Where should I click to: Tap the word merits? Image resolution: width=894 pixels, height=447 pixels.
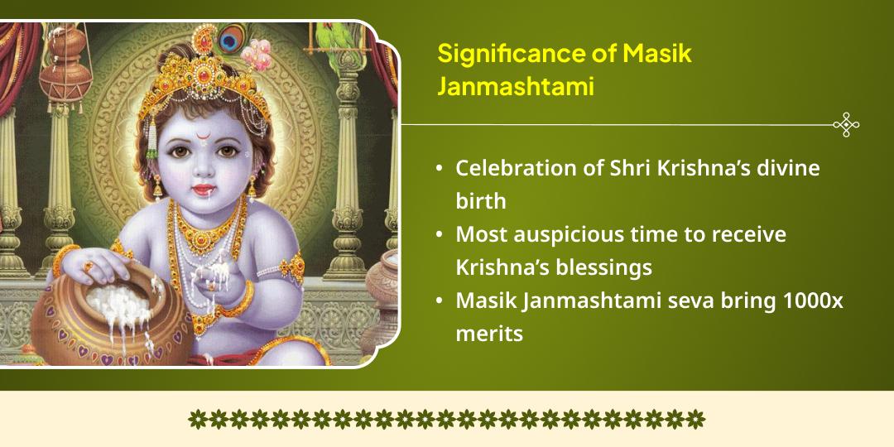click(x=489, y=334)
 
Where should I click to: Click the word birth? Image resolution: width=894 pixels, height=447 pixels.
click(x=480, y=202)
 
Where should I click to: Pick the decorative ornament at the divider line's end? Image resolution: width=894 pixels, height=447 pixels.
click(x=845, y=125)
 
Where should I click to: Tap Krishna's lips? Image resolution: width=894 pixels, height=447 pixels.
click(x=200, y=190)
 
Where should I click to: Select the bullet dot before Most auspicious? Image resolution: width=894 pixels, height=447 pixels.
click(x=439, y=235)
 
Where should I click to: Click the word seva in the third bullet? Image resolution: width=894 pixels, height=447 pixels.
click(x=668, y=301)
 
